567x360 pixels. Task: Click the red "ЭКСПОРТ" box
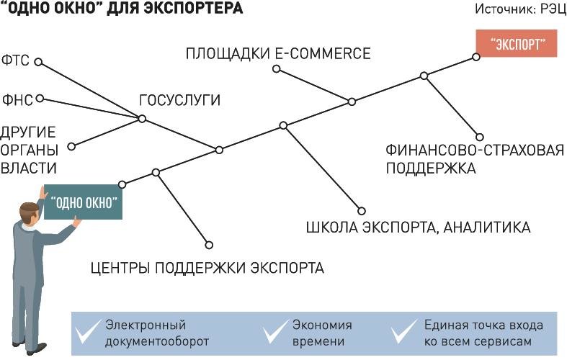click(516, 43)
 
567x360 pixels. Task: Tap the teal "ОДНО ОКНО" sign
click(83, 202)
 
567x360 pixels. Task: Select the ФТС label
click(15, 60)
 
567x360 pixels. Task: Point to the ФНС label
click(17, 100)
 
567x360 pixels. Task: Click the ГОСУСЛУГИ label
click(179, 100)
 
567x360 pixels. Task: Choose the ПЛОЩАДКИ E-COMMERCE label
click(278, 53)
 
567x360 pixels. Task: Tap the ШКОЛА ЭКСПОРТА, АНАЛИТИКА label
click(419, 228)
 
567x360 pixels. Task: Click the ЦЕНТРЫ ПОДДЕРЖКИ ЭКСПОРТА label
click(207, 268)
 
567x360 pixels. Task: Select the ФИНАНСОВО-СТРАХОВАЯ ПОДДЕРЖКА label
click(475, 159)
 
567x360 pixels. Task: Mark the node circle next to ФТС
click(38, 62)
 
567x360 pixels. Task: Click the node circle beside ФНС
click(40, 99)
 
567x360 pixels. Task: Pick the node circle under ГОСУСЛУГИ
click(142, 119)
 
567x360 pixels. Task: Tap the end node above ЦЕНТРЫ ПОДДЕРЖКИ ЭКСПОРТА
click(209, 245)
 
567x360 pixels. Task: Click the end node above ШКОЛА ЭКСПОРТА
click(362, 211)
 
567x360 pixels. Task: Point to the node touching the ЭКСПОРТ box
click(476, 57)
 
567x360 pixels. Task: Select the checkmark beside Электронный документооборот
click(86, 332)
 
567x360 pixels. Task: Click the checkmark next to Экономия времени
click(275, 332)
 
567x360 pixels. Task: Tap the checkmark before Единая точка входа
click(404, 332)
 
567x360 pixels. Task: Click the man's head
click(30, 214)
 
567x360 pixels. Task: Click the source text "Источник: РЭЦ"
click(520, 9)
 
